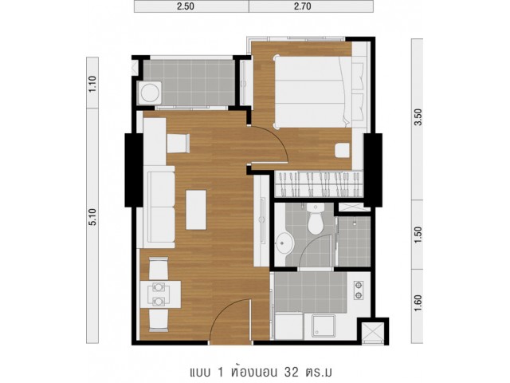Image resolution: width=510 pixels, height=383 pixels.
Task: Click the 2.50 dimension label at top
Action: (x=186, y=6)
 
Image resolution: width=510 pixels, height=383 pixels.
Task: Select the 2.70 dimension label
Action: (x=303, y=6)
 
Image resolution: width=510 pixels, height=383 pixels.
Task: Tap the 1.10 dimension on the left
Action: (x=92, y=84)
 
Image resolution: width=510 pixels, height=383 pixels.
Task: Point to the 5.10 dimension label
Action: (x=92, y=217)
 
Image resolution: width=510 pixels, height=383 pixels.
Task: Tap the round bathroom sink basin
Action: (x=285, y=243)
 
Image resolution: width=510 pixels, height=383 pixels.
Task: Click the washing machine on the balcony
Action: (x=150, y=93)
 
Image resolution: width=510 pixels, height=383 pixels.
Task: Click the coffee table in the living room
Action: (x=196, y=210)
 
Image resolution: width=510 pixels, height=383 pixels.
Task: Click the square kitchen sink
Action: (x=324, y=326)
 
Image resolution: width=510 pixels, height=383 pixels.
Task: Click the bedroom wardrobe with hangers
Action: (x=319, y=184)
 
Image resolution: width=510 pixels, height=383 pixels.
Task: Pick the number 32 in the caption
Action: (x=292, y=372)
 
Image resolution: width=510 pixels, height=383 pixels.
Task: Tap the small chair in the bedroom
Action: (x=343, y=151)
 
